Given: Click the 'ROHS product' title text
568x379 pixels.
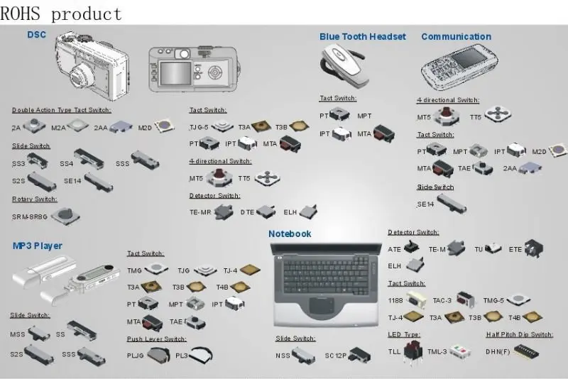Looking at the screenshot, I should [61, 13].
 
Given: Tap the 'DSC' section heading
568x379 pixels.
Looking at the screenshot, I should [37, 35].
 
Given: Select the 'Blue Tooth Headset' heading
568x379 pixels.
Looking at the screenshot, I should [362, 37].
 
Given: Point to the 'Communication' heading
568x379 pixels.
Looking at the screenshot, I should [456, 37].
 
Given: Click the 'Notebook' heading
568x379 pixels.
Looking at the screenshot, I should [290, 234].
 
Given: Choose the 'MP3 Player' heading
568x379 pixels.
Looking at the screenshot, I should [38, 246].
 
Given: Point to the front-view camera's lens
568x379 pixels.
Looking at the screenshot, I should [84, 73].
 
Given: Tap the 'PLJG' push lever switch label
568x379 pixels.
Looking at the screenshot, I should [135, 355].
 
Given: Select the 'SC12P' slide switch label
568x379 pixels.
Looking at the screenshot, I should [336, 355].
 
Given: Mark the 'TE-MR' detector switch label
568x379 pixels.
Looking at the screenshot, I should [200, 212].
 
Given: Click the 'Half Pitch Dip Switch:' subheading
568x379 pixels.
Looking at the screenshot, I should [519, 334].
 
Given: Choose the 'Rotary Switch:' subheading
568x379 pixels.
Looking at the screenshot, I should [34, 199].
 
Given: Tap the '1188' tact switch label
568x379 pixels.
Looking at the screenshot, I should [395, 300].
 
